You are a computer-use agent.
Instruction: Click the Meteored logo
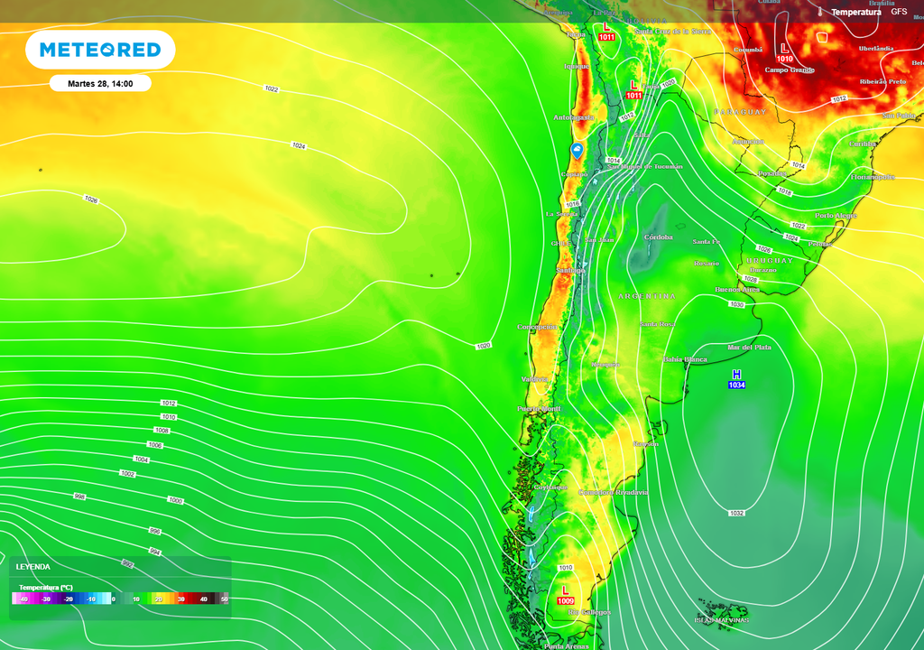[99, 50]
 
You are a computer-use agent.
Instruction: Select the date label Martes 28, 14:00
[100, 83]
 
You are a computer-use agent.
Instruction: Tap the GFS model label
[899, 11]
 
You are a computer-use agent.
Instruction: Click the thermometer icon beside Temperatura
[820, 12]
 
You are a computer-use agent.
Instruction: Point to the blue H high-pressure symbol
[736, 375]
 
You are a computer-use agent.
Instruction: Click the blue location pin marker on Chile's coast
[577, 150]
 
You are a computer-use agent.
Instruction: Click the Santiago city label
[570, 270]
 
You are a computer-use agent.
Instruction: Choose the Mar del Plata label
[749, 348]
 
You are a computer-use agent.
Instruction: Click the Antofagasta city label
[574, 117]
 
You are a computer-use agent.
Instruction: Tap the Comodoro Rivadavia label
[614, 492]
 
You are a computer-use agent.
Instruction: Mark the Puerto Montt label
[539, 409]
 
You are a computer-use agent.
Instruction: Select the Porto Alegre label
[836, 216]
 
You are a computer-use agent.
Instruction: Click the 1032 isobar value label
[736, 513]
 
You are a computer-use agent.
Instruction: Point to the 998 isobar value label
[79, 497]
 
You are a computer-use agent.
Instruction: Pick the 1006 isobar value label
[155, 445]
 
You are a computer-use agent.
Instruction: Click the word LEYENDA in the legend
[33, 567]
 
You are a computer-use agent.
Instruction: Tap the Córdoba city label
[659, 237]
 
